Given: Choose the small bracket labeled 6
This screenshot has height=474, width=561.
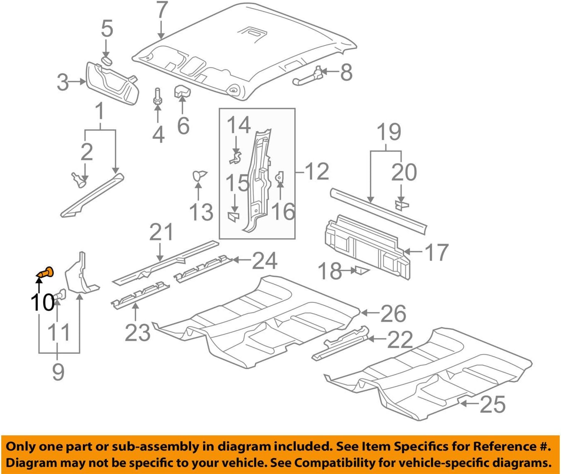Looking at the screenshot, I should click(x=181, y=91).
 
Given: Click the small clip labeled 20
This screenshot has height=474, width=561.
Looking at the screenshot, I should click(x=401, y=204).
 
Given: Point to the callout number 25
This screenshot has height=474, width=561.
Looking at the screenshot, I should click(x=492, y=404).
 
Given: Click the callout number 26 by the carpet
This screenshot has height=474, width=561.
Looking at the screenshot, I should click(x=393, y=314).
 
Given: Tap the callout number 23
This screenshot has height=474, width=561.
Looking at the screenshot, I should click(x=137, y=332).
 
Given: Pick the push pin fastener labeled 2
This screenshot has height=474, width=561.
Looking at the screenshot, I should click(x=79, y=179).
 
